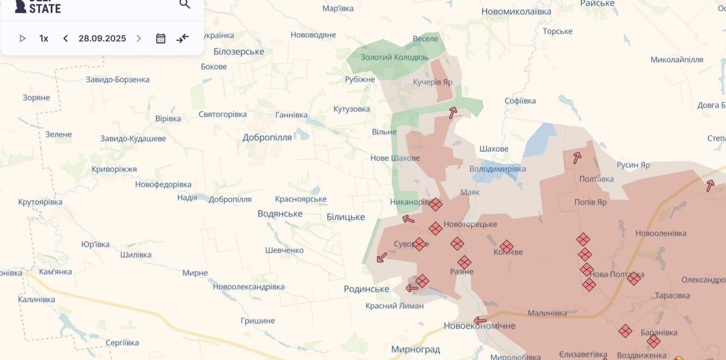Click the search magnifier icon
click(185, 4)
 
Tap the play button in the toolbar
click(22, 38)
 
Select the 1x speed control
click(44, 38)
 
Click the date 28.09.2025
click(102, 38)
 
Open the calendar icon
click(161, 38)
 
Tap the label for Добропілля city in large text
click(267, 137)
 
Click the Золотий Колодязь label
click(394, 57)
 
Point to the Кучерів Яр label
click(432, 82)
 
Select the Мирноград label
click(415, 349)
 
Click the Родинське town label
click(366, 289)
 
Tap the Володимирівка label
click(497, 169)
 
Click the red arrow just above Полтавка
click(577, 157)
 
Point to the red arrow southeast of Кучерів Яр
click(453, 112)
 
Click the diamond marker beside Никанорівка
click(435, 204)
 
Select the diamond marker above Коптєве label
click(506, 247)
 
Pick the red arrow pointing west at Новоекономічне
click(480, 321)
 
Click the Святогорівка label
click(223, 114)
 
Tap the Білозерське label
click(239, 52)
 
